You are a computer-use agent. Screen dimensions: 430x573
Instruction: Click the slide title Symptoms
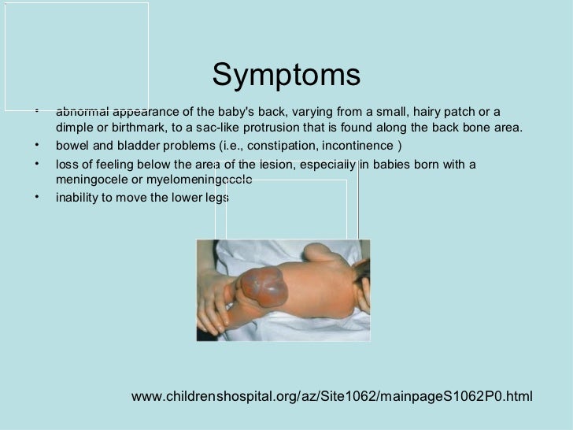[286, 76]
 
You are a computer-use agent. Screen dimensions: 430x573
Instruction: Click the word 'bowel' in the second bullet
[72, 146]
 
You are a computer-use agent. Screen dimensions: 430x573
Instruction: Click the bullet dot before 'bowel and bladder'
[38, 145]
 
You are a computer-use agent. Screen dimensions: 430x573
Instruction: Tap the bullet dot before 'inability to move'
[38, 196]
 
